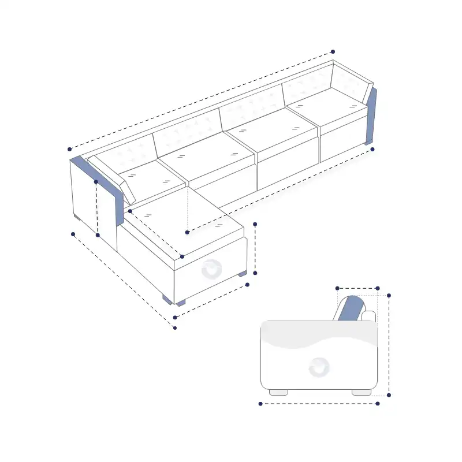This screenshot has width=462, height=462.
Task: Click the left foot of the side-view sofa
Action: coord(278,392)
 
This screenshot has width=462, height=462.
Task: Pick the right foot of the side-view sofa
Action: coord(362,392)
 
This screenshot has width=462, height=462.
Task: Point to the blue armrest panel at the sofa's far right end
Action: coord(371,115)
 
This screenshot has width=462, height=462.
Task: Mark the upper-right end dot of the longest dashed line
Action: coord(333,52)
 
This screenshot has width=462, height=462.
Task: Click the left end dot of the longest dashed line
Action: coord(70,148)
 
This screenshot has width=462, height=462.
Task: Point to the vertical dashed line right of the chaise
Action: coord(255,248)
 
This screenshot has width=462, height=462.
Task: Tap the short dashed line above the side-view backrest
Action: coord(357,288)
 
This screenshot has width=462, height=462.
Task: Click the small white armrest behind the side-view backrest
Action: coord(368,316)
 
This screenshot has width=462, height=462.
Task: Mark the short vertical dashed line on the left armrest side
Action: coord(97,208)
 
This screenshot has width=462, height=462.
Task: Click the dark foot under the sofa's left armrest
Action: coord(77,217)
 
